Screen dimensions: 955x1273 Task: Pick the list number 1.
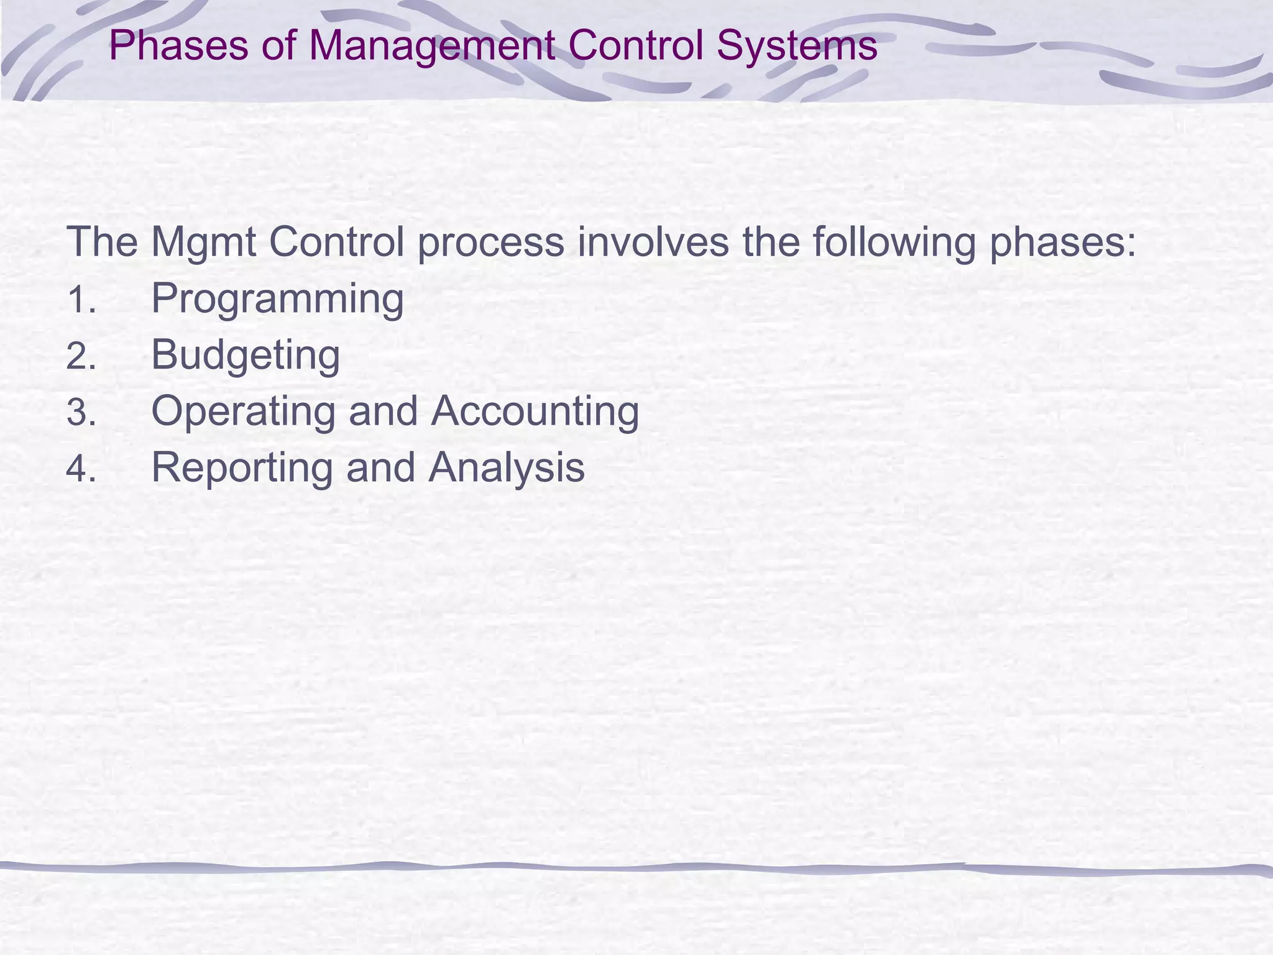click(81, 300)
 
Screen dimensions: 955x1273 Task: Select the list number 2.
click(81, 357)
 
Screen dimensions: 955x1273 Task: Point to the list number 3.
click(81, 413)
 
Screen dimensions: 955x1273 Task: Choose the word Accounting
click(535, 412)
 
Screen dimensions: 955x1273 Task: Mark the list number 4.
click(81, 469)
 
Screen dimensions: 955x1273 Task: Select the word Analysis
click(507, 468)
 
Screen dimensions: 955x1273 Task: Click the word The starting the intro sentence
click(102, 242)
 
